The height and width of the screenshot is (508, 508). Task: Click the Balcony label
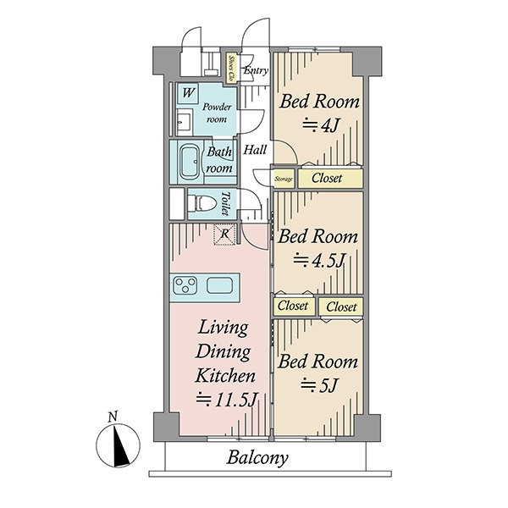point(257,458)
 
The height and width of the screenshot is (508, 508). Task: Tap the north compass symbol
point(118,445)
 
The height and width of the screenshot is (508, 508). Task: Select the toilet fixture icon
point(202,203)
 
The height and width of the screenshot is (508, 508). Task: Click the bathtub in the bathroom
point(190,163)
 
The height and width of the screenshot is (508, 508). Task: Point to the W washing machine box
point(188,93)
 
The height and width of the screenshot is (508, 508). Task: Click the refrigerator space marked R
point(224,234)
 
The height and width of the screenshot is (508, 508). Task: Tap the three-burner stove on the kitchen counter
point(185,285)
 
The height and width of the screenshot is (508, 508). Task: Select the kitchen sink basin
point(220,285)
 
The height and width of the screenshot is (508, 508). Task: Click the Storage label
point(284,179)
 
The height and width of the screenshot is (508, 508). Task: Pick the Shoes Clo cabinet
point(231,68)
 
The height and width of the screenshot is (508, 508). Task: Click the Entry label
point(256,70)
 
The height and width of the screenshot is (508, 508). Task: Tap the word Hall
point(255,150)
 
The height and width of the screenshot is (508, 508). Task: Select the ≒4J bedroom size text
point(320,125)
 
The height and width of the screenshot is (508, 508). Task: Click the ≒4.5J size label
point(318,260)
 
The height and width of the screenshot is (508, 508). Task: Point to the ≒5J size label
point(319,385)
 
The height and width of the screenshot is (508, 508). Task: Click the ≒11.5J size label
point(226,400)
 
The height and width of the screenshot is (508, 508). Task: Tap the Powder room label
point(217,113)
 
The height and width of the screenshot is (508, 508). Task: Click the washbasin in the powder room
point(185,122)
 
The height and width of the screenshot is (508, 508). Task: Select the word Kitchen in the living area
point(225,376)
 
